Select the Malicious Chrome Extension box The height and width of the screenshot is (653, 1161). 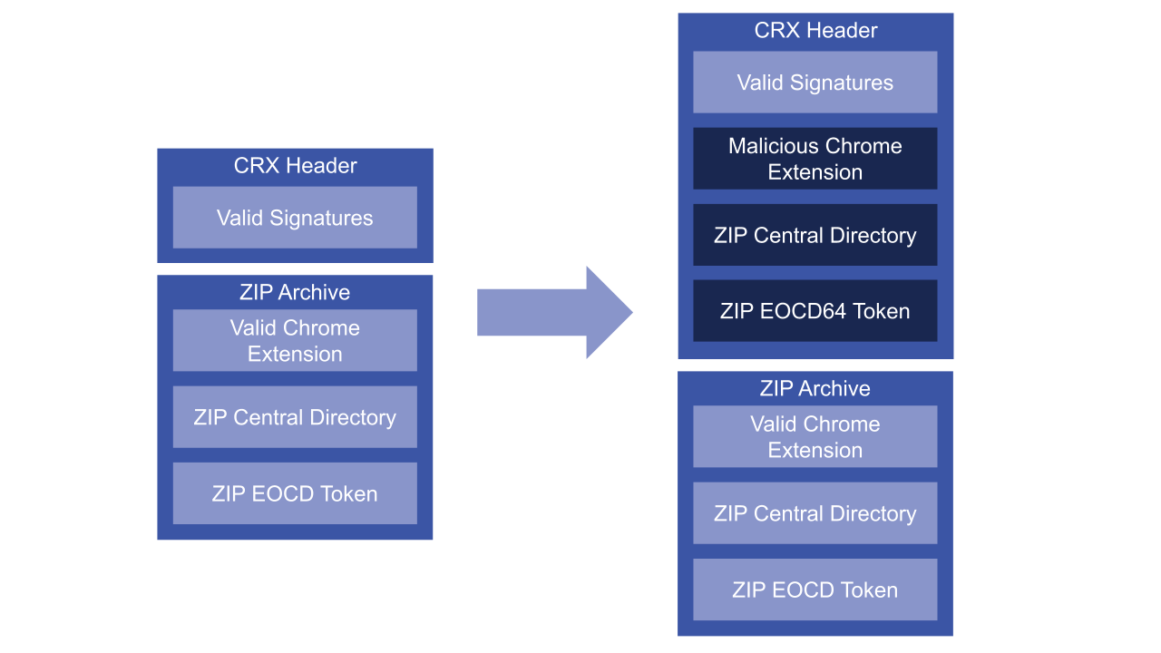(815, 159)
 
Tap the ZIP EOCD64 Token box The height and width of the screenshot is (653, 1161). (815, 311)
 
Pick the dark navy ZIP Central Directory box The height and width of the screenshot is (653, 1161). (815, 235)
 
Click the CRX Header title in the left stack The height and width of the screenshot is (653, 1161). (295, 166)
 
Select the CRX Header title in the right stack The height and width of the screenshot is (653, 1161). (815, 31)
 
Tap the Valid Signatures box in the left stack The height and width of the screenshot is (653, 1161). (295, 218)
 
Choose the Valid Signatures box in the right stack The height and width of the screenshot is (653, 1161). (815, 83)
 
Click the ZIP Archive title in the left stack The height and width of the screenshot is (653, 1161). (295, 292)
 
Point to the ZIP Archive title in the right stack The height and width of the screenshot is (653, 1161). (815, 388)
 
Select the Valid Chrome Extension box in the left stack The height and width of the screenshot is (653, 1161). (295, 340)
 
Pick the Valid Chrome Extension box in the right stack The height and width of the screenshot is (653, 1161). (815, 436)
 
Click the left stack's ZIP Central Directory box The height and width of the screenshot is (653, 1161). (295, 417)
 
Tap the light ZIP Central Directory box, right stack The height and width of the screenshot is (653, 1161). (815, 513)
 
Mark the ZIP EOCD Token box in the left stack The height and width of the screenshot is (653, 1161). (295, 493)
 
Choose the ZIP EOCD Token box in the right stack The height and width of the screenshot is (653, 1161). (815, 590)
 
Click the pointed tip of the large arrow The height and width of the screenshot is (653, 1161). (629, 312)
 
